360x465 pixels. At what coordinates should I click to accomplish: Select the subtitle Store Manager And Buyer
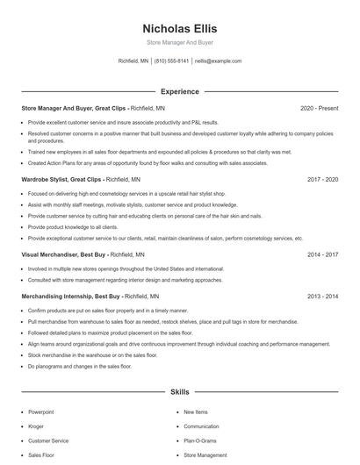tap(179, 42)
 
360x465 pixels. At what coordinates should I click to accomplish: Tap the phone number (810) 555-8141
tap(171, 61)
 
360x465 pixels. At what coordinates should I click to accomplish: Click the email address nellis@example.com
tap(218, 61)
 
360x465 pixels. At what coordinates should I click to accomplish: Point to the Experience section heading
tap(179, 91)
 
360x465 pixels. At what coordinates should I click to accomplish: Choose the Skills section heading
tap(179, 393)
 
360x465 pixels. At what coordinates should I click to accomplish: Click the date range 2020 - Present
tap(319, 108)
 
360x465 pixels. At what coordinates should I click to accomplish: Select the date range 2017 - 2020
tap(322, 179)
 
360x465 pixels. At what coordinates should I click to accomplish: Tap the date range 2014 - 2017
tap(322, 254)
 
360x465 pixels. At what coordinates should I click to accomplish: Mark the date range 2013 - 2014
tap(322, 297)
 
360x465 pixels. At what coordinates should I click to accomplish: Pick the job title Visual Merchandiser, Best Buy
tap(64, 254)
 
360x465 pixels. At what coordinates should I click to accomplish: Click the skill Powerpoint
tap(41, 411)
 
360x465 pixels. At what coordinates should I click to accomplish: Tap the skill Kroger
tap(36, 426)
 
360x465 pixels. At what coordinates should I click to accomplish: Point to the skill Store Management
tap(205, 456)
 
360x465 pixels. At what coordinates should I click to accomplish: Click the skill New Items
tap(196, 411)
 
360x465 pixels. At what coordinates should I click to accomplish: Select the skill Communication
tap(201, 426)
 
